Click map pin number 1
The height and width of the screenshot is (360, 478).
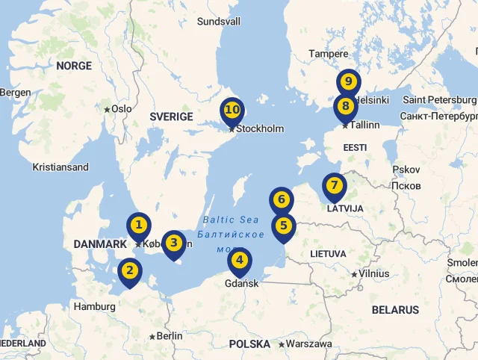click(138, 225)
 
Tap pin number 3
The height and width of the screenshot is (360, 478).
click(173, 243)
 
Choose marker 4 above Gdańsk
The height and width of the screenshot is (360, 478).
click(239, 261)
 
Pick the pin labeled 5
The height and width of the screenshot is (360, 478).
click(283, 226)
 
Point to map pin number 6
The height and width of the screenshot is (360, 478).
click(281, 200)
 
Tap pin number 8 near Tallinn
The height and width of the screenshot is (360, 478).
click(345, 106)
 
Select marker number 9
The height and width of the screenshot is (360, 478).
click(348, 82)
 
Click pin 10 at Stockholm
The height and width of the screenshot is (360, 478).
click(232, 111)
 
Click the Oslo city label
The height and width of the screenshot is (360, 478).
click(121, 109)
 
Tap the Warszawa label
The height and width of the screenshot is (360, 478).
click(308, 344)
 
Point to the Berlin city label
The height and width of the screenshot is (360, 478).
click(170, 336)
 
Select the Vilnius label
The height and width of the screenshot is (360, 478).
click(373, 273)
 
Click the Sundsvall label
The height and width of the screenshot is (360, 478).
click(219, 22)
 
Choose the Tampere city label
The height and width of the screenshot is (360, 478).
click(329, 54)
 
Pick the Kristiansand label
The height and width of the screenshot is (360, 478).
click(60, 167)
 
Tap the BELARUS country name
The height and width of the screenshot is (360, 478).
click(395, 310)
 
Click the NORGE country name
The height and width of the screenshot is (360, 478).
click(74, 66)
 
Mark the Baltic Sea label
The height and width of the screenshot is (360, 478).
click(231, 220)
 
